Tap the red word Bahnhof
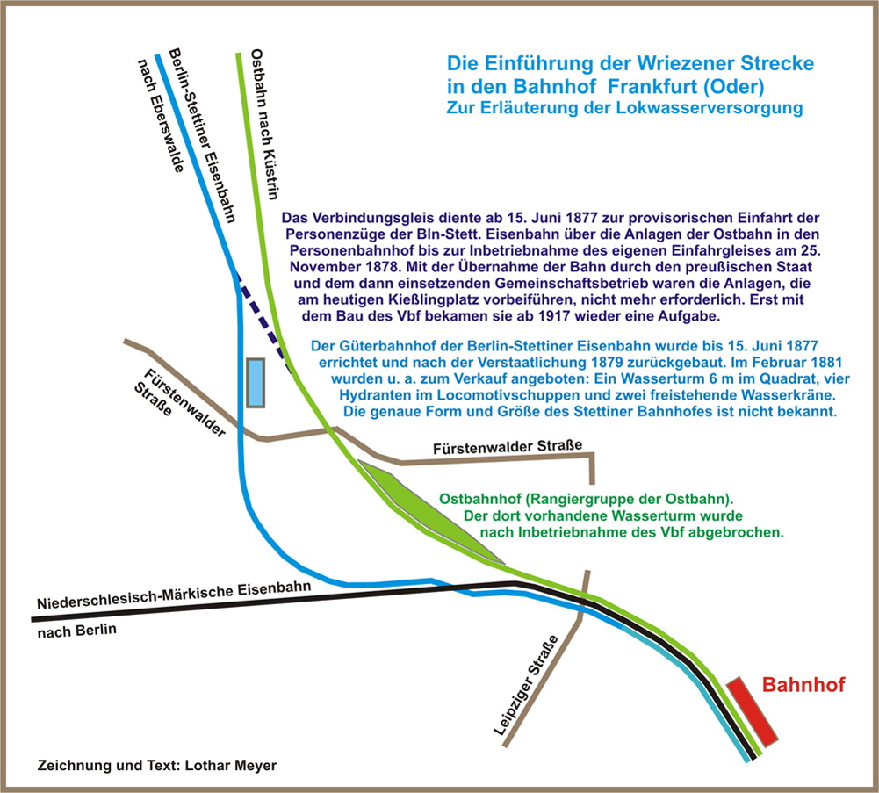803,685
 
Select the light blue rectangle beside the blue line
255,383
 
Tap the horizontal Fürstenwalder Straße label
508,448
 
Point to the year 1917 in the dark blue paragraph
623,316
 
